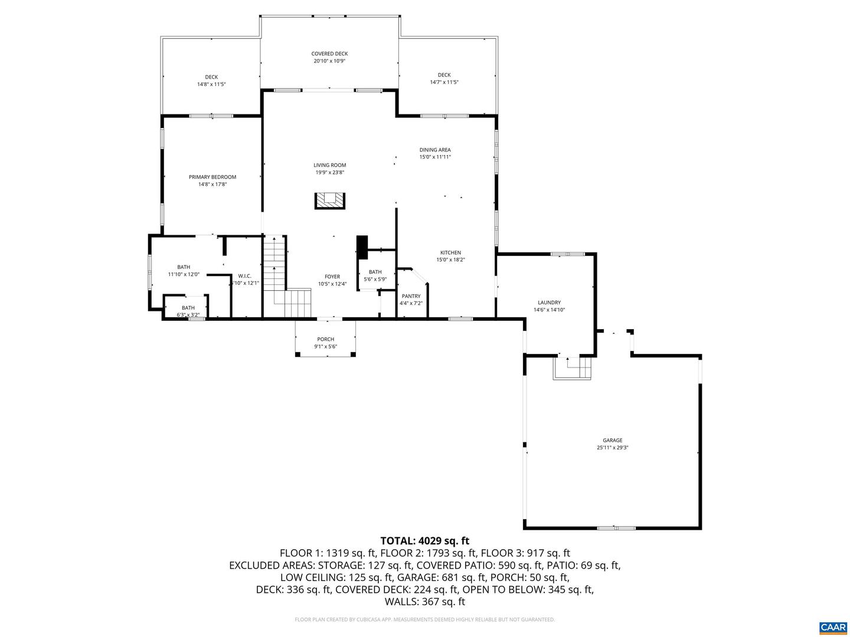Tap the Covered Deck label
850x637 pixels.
click(x=329, y=54)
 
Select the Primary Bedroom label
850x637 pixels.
click(x=212, y=177)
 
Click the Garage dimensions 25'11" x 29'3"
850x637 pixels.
click(x=613, y=448)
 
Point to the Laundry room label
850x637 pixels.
click(x=549, y=303)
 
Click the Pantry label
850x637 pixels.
click(x=411, y=296)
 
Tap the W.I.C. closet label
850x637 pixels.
click(x=244, y=275)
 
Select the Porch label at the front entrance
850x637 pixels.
click(x=325, y=339)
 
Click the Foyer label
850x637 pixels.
click(x=332, y=277)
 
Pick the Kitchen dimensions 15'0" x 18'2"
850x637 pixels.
click(x=451, y=260)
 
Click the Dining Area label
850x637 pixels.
click(x=435, y=150)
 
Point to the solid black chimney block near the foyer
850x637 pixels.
click(x=362, y=247)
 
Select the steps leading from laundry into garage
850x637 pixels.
click(x=571, y=369)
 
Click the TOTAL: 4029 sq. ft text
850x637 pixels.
click(x=424, y=540)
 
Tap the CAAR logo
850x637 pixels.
click(x=832, y=627)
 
